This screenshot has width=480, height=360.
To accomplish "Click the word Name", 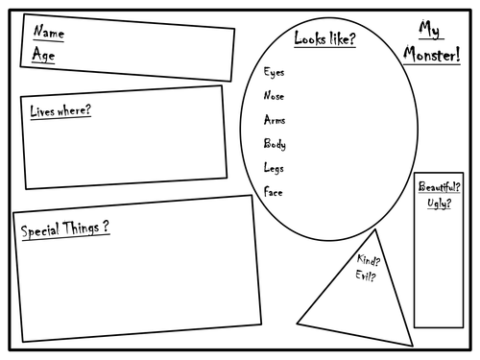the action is (x=48, y=34).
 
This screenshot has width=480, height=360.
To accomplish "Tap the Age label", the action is (x=43, y=55).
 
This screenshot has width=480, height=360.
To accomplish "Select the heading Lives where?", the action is (x=60, y=111).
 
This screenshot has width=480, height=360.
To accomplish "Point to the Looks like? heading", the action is (x=324, y=38).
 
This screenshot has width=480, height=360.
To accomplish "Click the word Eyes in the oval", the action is (x=274, y=72).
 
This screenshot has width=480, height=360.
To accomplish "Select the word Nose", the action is (x=275, y=96).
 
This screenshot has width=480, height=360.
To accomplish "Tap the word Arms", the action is (x=275, y=120).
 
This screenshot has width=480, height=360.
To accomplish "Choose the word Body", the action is (x=275, y=144).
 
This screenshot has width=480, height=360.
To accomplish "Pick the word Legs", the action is (x=275, y=168).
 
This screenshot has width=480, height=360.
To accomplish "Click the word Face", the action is (x=274, y=192).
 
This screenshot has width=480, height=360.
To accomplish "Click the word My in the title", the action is (x=429, y=29).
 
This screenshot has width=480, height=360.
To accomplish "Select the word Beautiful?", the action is (x=439, y=187).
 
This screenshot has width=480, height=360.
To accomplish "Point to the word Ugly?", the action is (x=438, y=204).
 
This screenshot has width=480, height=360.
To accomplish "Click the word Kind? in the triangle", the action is (x=368, y=260).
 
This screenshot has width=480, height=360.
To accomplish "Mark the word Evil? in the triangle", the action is (x=366, y=277).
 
